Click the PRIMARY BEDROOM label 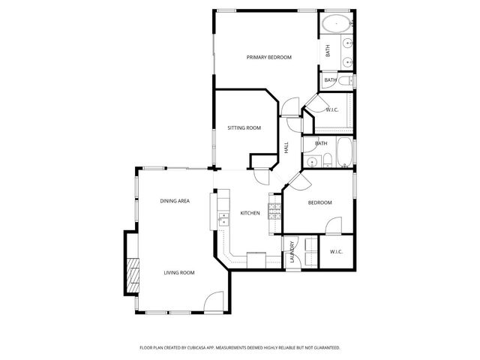pos(269,58)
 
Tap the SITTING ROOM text pos(244,128)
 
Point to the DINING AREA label pos(174,201)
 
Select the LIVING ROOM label pos(179,272)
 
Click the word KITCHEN pos(250,214)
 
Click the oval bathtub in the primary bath pos(337,24)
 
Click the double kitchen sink pos(223,219)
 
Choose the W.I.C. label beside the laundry pos(336,252)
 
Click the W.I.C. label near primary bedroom pos(332,110)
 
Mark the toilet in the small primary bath pos(344,80)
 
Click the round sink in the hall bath pos(310,159)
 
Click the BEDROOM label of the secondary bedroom pos(319,203)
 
